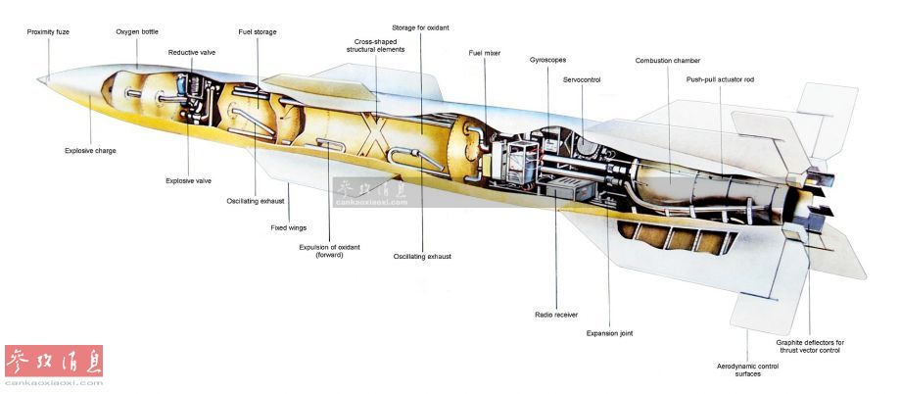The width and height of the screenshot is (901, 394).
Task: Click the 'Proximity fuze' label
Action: [x=48, y=31]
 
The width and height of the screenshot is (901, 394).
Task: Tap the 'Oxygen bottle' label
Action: [x=137, y=31]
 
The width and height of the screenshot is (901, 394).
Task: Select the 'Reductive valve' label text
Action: [x=192, y=52]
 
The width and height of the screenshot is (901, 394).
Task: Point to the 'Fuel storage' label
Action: [x=258, y=31]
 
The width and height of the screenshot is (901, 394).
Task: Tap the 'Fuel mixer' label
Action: [x=485, y=53]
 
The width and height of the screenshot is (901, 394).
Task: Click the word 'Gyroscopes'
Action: [x=548, y=60]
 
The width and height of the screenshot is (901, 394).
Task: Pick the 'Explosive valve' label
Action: [x=188, y=180]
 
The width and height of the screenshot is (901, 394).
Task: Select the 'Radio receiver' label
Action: [x=555, y=315]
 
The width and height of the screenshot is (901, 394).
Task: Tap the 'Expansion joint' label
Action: [x=609, y=333]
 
